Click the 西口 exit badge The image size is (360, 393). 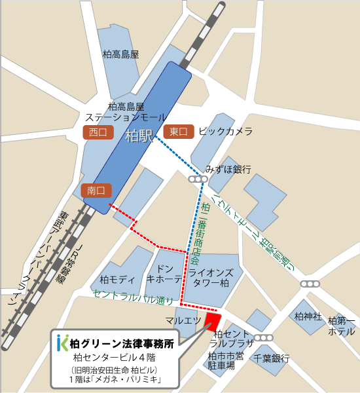tap(98, 132)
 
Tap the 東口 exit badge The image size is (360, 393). tap(178, 132)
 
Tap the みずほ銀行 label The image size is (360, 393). tap(228, 169)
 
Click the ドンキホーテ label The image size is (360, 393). tap(163, 274)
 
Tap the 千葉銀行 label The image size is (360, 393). tap(272, 358)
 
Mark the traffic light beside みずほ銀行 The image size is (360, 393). tap(196, 179)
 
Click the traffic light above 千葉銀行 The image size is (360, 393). tap(264, 338)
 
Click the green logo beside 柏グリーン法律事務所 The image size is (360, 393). tap(62, 341)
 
